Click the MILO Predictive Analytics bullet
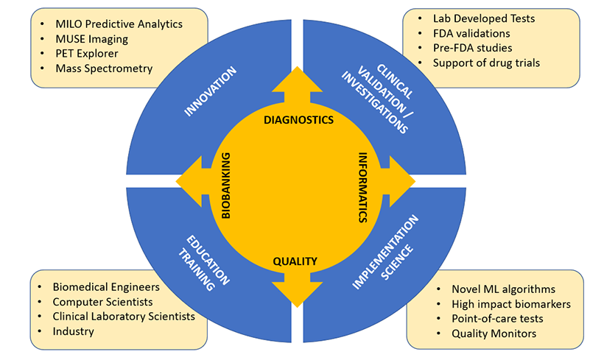pyautogui.click(x=119, y=24)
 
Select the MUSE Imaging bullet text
pyautogui.click(x=91, y=38)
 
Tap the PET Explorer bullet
pyautogui.click(x=86, y=53)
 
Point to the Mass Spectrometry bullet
pyautogui.click(x=104, y=68)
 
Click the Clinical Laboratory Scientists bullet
pyautogui.click(x=124, y=316)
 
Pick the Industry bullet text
pyautogui.click(x=74, y=331)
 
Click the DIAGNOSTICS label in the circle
pyautogui.click(x=298, y=119)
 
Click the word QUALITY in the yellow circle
pyautogui.click(x=295, y=261)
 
